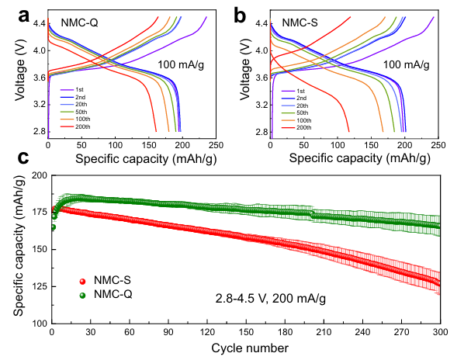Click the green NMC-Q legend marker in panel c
(x=81, y=294)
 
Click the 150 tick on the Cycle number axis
(x=245, y=331)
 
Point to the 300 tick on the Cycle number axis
(x=440, y=331)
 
